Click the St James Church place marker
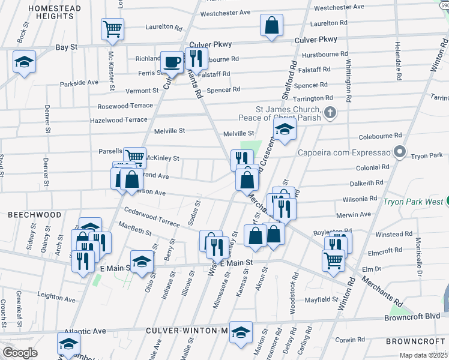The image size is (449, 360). click(x=330, y=112)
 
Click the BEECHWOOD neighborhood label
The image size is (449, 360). click(x=34, y=214)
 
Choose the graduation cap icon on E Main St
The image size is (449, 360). click(x=142, y=262)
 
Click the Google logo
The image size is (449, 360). click(x=20, y=352)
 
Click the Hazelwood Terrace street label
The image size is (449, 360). click(x=118, y=120)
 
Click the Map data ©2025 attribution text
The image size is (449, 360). click(x=423, y=355)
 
